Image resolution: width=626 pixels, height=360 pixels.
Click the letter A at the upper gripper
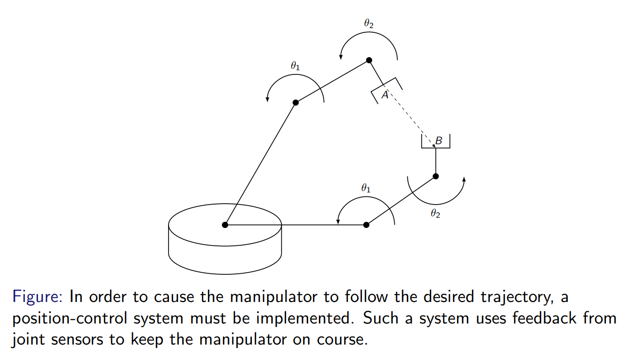tap(385, 95)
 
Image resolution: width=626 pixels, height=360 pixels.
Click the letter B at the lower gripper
tap(439, 140)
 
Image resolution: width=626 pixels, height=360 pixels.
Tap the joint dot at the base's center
tap(225, 225)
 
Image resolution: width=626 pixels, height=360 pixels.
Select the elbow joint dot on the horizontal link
tap(366, 225)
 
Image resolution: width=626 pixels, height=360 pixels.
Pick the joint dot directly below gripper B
tap(436, 176)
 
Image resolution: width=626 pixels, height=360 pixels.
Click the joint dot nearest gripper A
tap(369, 60)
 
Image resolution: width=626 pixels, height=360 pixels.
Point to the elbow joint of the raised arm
tap(295, 103)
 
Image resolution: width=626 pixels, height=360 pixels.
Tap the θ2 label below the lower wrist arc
tap(435, 213)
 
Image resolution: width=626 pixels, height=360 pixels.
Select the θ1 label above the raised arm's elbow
tap(295, 66)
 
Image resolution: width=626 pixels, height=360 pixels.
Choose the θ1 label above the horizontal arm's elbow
tap(366, 188)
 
